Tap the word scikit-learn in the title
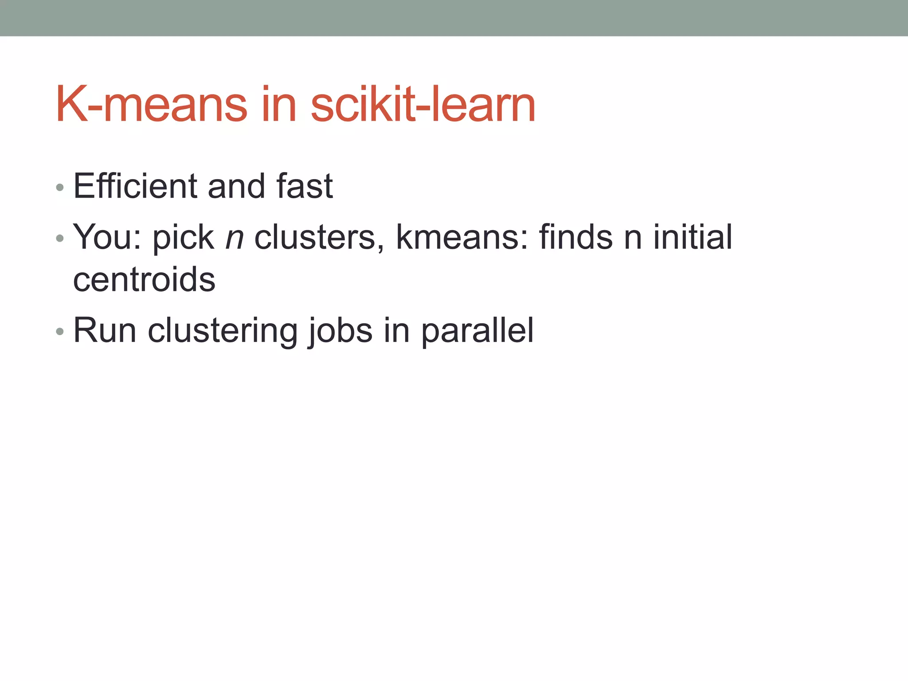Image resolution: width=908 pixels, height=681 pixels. pyautogui.click(x=423, y=105)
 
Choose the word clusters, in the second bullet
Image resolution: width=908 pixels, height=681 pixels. pyautogui.click(x=319, y=237)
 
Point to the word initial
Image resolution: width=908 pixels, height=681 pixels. pyautogui.click(x=693, y=237)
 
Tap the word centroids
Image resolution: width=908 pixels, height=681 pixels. pyautogui.click(x=144, y=280)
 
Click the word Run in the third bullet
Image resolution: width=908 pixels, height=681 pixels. pyautogui.click(x=105, y=330)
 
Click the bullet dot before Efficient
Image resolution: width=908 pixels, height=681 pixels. pyautogui.click(x=60, y=188)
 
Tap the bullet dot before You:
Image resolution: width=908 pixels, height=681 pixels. pyautogui.click(x=60, y=239)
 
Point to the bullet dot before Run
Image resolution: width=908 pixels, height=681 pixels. pyautogui.click(x=60, y=332)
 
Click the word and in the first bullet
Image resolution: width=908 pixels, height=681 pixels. pyautogui.click(x=236, y=186)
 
